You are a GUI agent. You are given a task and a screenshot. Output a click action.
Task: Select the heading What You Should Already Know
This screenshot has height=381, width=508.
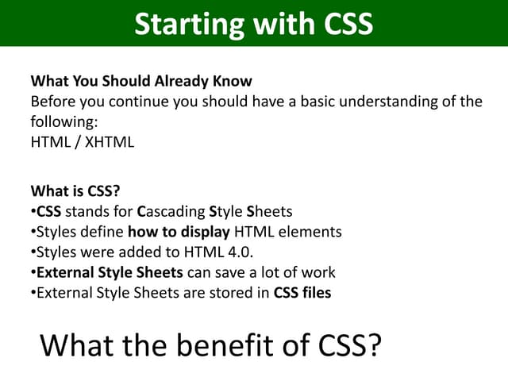click(141, 81)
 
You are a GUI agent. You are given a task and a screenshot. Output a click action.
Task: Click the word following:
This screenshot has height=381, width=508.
click(61, 122)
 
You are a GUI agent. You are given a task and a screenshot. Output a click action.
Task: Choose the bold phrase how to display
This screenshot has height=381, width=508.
click(175, 232)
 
